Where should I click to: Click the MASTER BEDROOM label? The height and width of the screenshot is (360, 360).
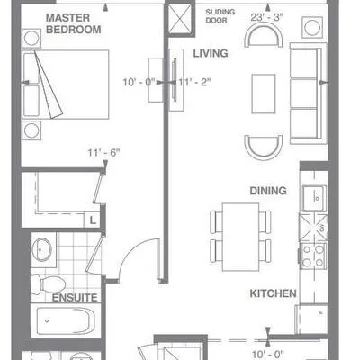73,23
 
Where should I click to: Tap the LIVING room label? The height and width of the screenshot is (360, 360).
211,53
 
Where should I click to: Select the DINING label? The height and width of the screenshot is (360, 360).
268,191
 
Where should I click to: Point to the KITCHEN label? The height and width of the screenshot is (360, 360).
273,293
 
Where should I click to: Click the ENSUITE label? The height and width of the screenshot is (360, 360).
75,298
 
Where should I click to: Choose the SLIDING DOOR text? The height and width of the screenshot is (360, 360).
220,16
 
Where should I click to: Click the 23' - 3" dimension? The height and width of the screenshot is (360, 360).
266,17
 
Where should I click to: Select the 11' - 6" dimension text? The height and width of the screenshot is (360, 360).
103,153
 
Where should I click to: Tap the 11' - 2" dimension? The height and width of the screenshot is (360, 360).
194,82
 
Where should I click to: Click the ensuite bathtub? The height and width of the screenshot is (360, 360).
66,320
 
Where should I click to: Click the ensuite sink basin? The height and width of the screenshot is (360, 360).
41,250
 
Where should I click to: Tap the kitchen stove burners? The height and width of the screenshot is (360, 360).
313,256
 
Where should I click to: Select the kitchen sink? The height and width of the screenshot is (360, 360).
314,198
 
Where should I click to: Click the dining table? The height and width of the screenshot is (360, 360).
240,237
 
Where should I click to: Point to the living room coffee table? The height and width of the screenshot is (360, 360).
264,94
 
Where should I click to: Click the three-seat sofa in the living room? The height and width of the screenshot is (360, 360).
308,94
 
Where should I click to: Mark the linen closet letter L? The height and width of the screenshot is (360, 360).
93,220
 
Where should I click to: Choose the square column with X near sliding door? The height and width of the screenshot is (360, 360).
179,19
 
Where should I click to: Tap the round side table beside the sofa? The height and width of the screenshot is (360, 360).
312,27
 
